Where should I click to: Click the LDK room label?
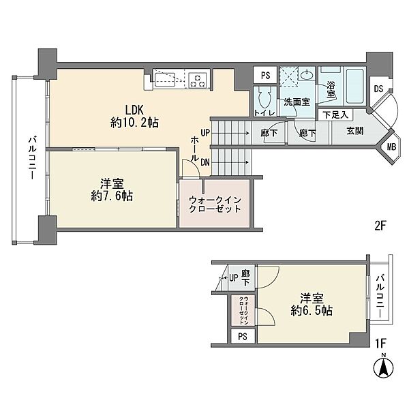coord(134,110)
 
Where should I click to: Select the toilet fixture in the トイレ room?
coord(264,97)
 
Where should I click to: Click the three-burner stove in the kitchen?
coord(198,80)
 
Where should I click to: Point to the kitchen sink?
coord(164,80)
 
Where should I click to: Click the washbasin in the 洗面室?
coord(306,75)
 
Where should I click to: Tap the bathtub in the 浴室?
coord(354,86)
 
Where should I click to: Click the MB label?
coord(391,147)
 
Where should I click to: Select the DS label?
coord(378,89)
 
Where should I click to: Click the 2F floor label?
coord(380,226)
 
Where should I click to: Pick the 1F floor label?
coord(380,344)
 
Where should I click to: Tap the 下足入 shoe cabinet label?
coord(335,115)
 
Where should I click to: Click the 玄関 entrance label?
coord(355,131)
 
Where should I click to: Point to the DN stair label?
coord(205,162)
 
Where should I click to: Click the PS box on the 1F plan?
coord(243,337)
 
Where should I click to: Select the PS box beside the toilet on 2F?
coord(265,76)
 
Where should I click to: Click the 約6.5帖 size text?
coord(312,311)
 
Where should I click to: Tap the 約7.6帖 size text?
coord(112,196)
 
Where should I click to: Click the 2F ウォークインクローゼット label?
coord(215,204)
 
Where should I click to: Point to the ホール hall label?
coord(195,149)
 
